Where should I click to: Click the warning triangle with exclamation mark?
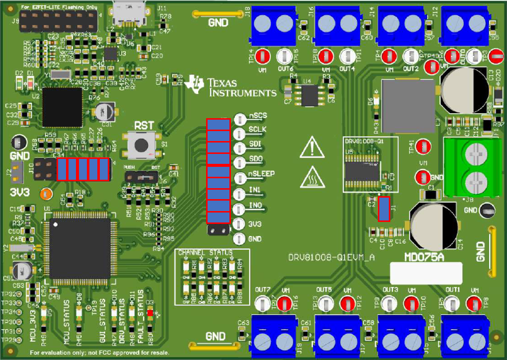point(311,147)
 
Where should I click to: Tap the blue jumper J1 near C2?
point(383,209)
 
